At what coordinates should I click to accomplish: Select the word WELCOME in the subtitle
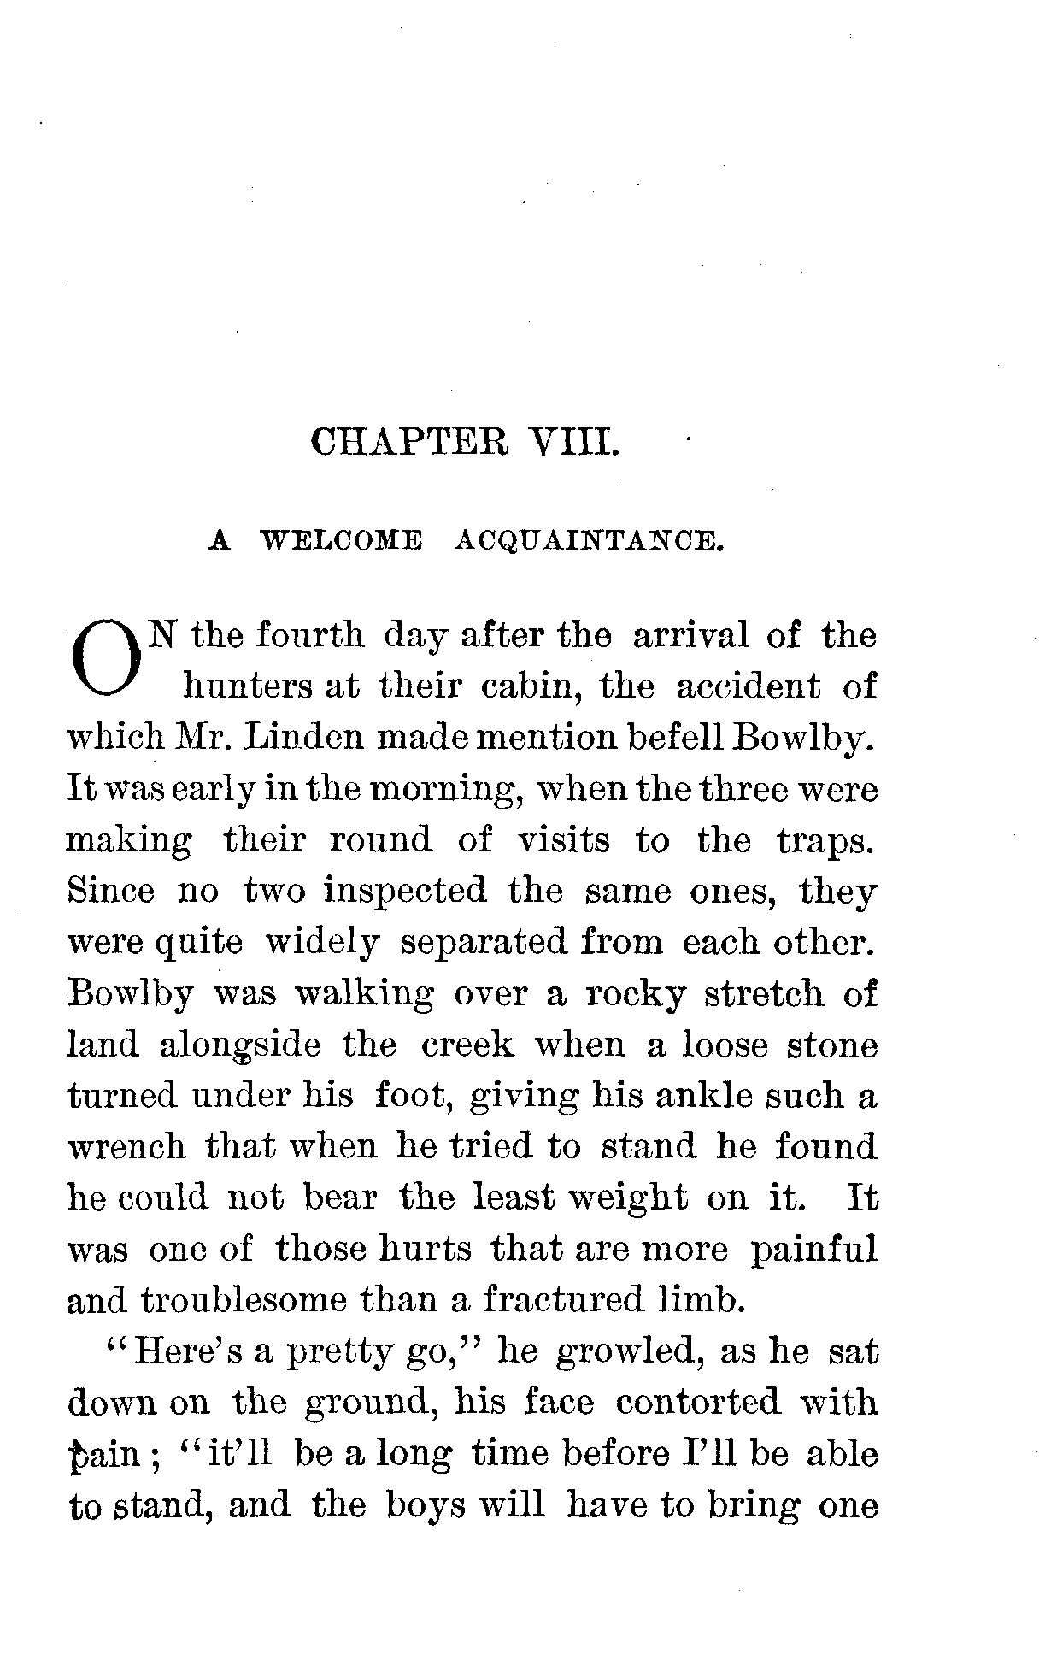342,540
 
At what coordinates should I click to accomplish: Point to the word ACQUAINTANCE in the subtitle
589,540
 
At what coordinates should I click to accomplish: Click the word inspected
404,892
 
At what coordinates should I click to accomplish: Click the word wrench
126,1147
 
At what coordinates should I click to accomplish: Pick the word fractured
573,1300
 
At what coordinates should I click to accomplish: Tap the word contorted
698,1403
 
